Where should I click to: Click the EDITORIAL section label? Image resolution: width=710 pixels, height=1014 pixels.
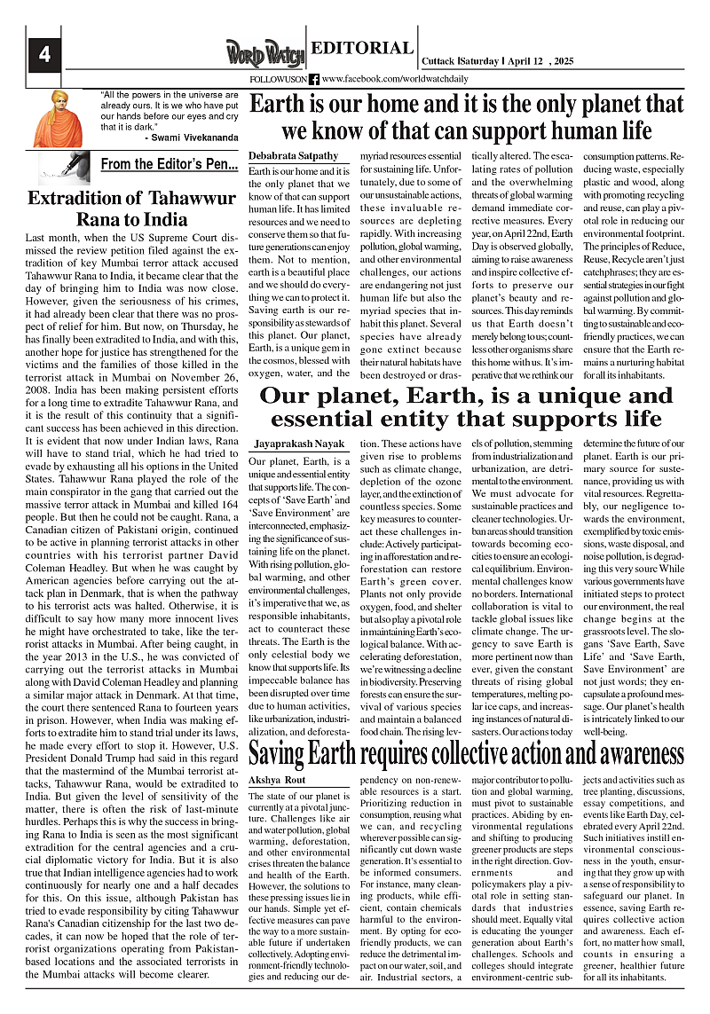click(x=362, y=49)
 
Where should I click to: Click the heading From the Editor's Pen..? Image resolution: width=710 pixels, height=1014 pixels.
click(x=169, y=164)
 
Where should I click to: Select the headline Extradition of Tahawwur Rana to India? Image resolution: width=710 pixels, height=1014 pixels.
click(x=119, y=208)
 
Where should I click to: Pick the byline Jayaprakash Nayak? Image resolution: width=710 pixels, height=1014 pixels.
click(x=297, y=440)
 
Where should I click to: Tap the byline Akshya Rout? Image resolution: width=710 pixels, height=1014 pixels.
click(x=277, y=780)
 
